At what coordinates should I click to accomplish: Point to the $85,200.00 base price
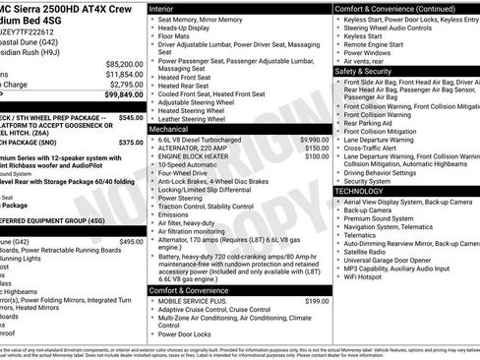[124, 63]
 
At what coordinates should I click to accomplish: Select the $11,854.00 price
[124, 74]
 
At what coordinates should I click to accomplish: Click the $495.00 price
[131, 241]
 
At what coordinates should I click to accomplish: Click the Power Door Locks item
[189, 333]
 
